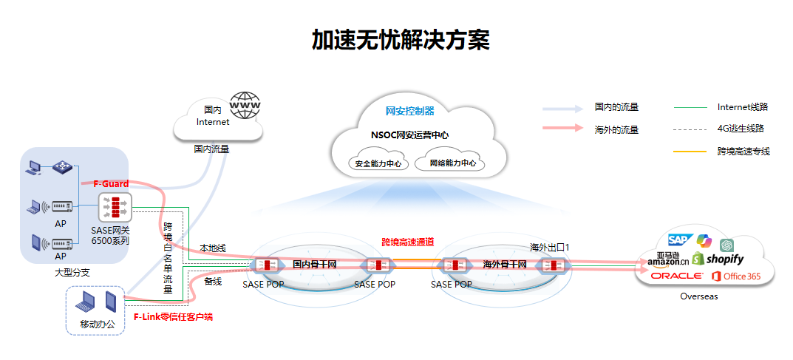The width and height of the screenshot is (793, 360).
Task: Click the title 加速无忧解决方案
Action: (400, 40)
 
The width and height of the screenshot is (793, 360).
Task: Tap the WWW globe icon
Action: (245, 105)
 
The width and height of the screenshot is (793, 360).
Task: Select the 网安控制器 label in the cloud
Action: (410, 111)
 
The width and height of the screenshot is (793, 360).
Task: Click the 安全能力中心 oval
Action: (378, 163)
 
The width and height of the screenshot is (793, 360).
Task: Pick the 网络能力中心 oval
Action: (452, 163)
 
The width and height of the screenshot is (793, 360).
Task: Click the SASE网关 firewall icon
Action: (115, 207)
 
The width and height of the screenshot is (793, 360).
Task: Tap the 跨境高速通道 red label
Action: (407, 242)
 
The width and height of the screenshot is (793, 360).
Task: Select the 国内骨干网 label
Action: (314, 265)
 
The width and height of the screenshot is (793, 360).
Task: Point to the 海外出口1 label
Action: (551, 246)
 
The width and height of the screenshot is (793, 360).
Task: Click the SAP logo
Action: (678, 240)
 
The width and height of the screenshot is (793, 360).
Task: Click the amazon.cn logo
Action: (668, 259)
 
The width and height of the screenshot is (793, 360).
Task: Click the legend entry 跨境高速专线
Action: (743, 151)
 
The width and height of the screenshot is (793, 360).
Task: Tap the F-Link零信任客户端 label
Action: (173, 316)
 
